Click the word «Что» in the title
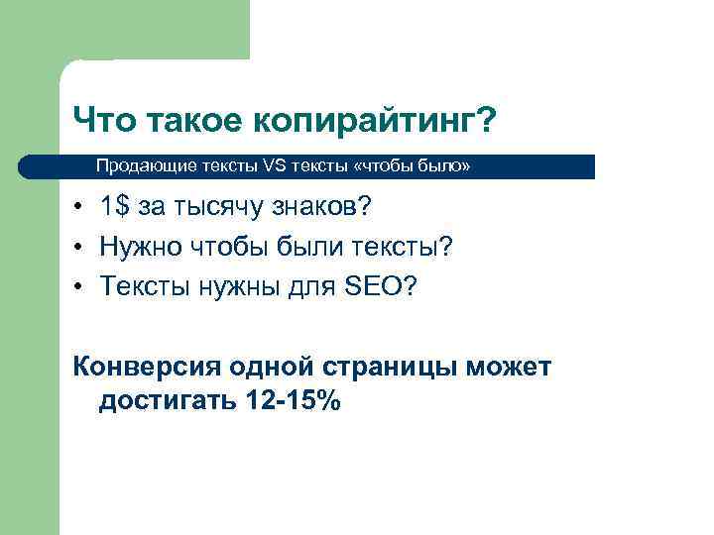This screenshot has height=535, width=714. click(x=104, y=122)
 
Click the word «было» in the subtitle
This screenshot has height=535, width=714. click(x=440, y=166)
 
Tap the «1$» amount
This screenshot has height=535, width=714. click(x=114, y=208)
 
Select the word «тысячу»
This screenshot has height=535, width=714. click(x=212, y=209)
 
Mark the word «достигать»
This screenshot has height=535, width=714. click(x=164, y=403)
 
